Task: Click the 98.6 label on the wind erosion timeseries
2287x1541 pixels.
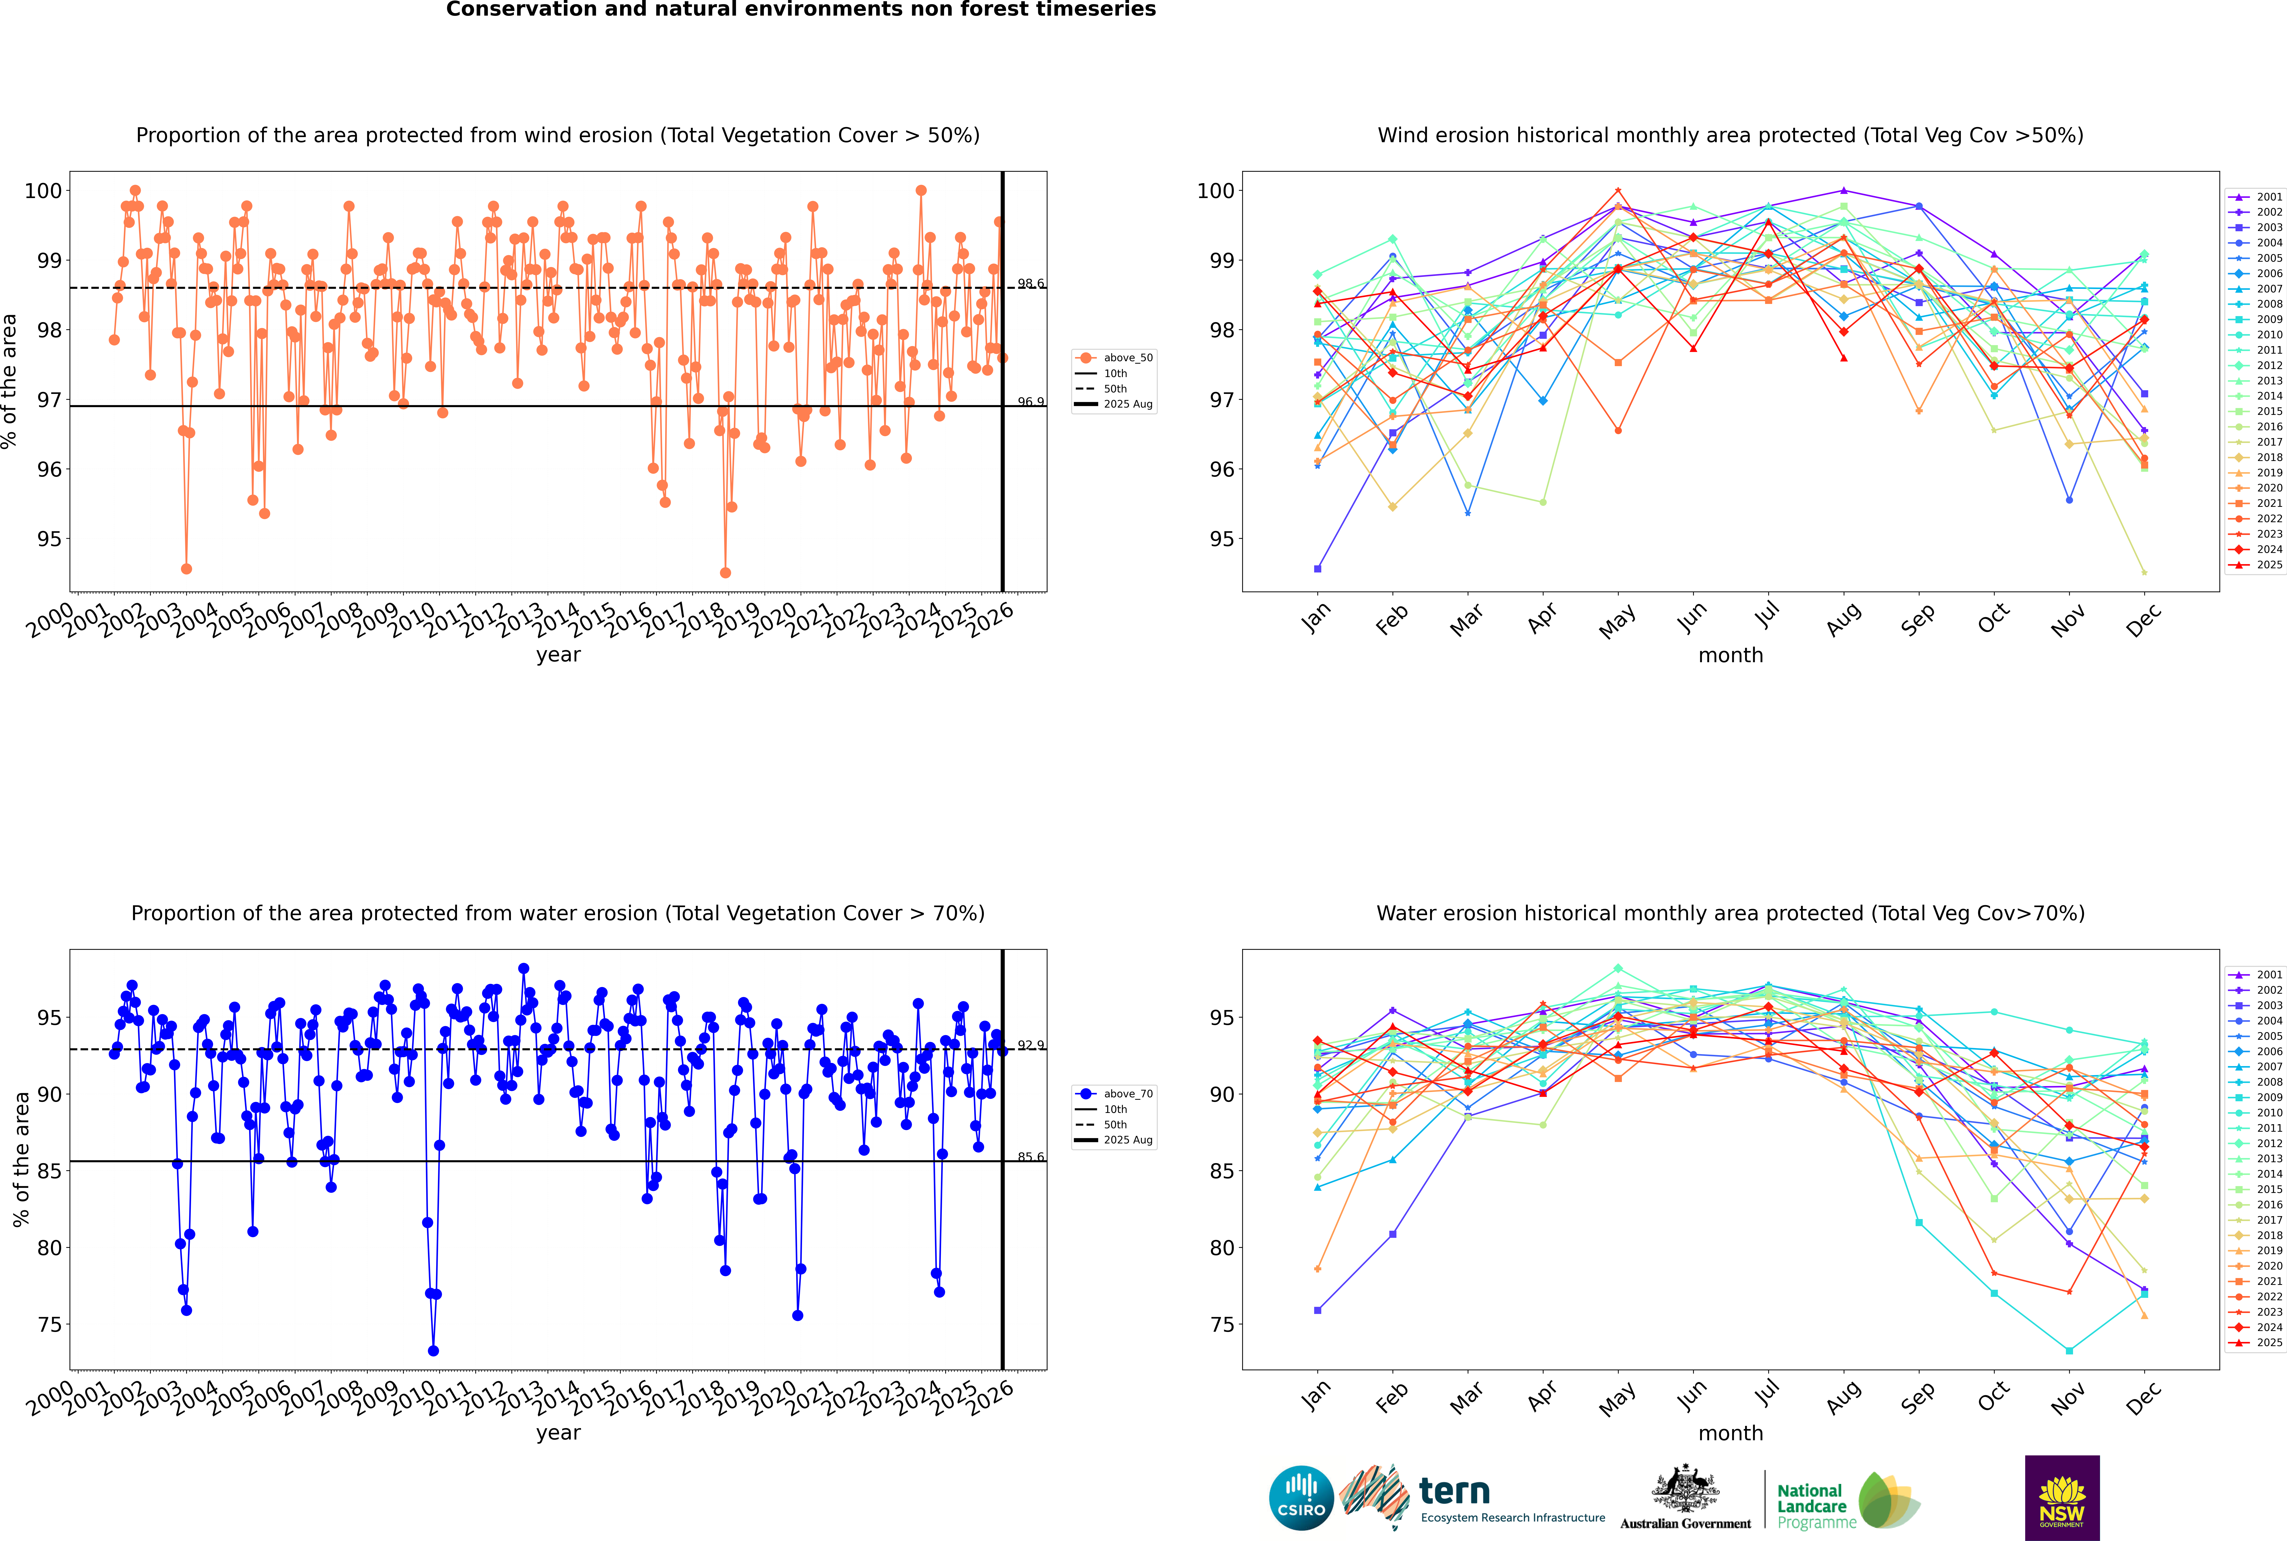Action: coord(1030,284)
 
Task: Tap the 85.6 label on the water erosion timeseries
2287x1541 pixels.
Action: coord(1030,1157)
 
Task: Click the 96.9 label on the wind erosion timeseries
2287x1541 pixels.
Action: coord(1030,402)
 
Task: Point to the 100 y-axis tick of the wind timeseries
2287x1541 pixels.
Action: coord(43,191)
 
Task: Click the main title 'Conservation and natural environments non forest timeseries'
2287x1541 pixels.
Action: coord(800,10)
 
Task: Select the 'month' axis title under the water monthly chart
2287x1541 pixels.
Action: coord(1730,1433)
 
